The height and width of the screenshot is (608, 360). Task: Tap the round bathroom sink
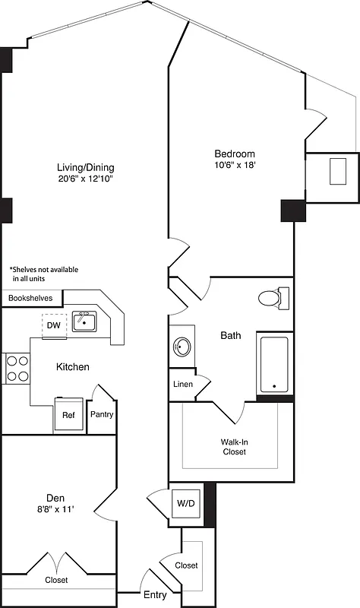pos(181,347)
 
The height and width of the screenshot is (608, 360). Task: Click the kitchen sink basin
pos(84,322)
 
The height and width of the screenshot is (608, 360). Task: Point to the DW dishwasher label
pos(53,325)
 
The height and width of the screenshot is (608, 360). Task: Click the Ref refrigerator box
pos(68,415)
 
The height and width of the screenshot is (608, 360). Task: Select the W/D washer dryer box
pos(186,503)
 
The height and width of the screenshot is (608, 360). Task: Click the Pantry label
pos(102,415)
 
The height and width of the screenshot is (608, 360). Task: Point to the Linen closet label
pos(182,384)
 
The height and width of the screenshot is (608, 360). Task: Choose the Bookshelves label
pos(30,298)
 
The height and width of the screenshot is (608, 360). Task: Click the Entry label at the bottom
pos(154,595)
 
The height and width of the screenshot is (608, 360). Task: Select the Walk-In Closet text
pos(233,445)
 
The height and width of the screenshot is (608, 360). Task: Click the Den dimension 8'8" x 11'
pos(55,509)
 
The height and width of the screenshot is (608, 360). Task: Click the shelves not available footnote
pos(44,274)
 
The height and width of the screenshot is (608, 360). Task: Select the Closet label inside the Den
pos(55,580)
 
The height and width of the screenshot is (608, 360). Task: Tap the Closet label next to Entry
pos(187,565)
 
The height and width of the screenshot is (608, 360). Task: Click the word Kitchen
pos(73,367)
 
